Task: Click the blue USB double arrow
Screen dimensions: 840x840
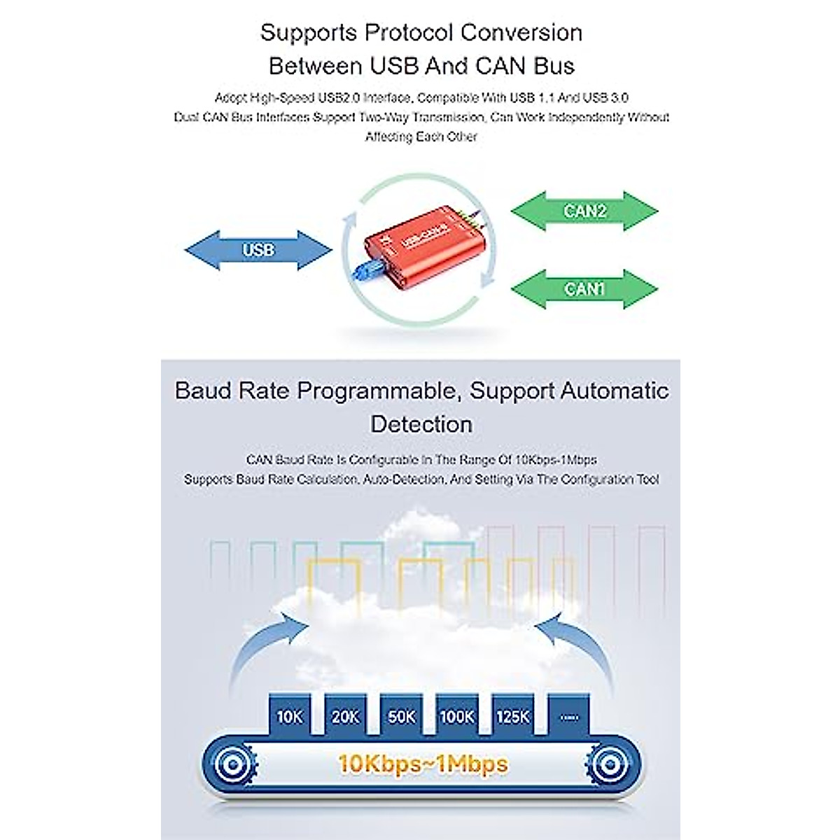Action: coord(258,250)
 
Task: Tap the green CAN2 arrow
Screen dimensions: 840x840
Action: coord(584,211)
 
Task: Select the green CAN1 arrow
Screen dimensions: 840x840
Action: coord(584,288)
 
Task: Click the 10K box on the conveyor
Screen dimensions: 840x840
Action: coord(289,715)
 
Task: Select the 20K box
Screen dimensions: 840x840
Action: coord(345,715)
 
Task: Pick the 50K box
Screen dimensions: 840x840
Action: coord(401,715)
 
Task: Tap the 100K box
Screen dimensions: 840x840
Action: coord(456,715)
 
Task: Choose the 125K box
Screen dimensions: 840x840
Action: coord(512,715)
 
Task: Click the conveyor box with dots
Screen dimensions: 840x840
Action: coord(568,715)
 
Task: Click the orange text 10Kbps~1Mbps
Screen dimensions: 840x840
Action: coord(422,763)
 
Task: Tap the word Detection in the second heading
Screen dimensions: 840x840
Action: coord(421,424)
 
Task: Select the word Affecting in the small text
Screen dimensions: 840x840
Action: coord(388,136)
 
